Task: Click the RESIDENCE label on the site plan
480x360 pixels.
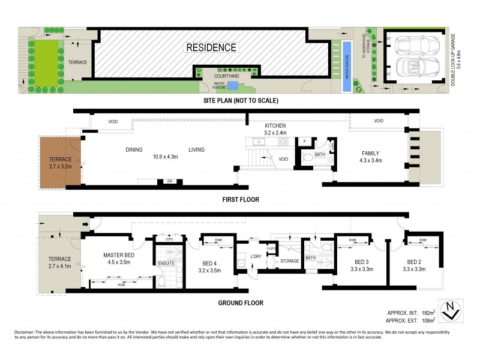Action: (211, 47)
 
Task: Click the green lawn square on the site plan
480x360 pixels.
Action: (46, 63)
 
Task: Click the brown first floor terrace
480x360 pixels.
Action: (60, 161)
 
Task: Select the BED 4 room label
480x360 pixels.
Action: (210, 266)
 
